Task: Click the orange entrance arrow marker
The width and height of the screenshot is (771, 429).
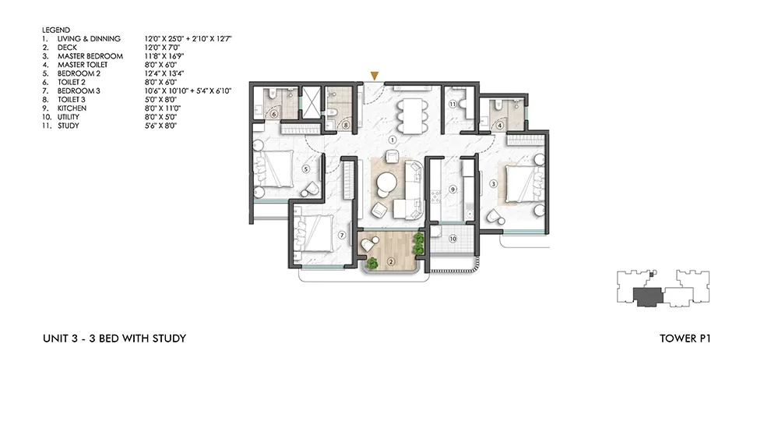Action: (x=375, y=76)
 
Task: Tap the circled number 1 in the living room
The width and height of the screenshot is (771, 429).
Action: (x=393, y=140)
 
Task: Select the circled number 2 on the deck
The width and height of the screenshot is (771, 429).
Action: (x=391, y=261)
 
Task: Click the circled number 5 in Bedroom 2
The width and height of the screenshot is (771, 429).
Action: (x=306, y=168)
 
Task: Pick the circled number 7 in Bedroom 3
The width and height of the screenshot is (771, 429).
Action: (x=340, y=235)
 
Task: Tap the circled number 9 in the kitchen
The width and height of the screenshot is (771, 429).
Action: (x=452, y=189)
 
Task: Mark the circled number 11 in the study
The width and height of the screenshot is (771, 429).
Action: (x=452, y=103)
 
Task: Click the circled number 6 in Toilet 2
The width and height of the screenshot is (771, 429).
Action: (x=274, y=113)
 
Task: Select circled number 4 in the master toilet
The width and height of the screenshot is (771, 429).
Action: (x=499, y=123)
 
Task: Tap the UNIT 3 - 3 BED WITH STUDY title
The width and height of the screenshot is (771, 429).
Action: (x=114, y=339)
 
